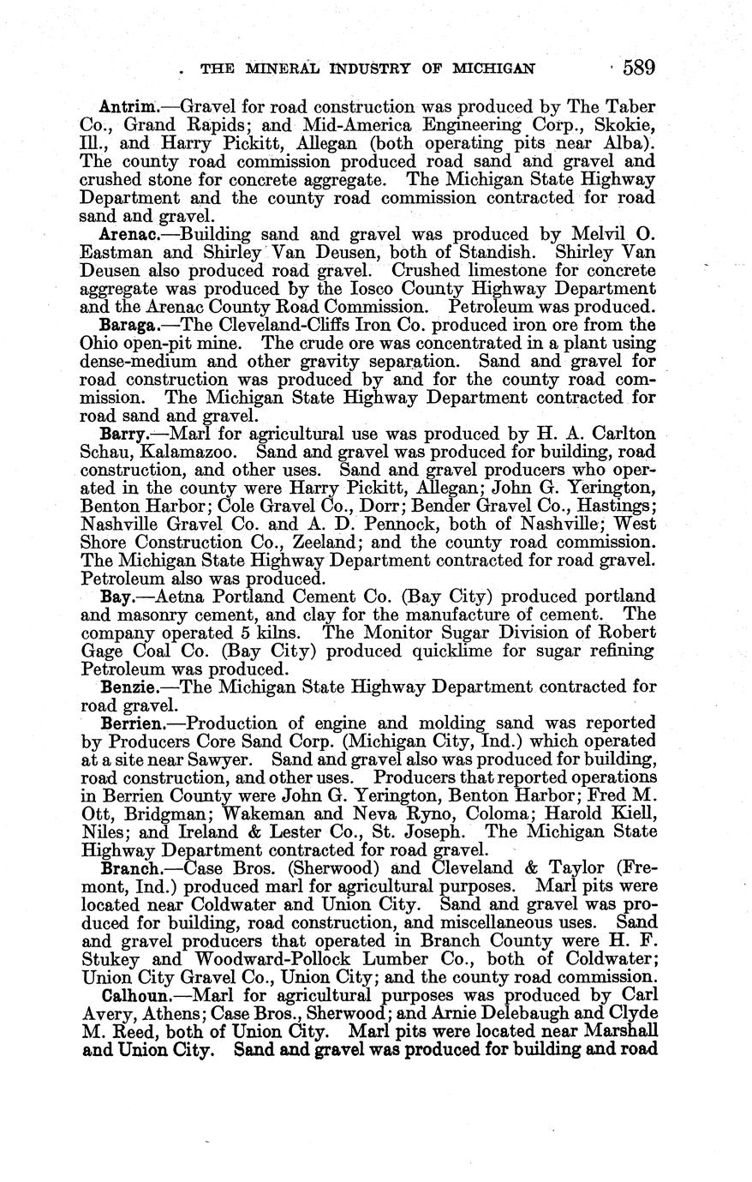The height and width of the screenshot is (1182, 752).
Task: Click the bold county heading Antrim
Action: point(128,107)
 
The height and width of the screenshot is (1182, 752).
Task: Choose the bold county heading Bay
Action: point(117,596)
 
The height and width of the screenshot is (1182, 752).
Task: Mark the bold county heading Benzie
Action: point(128,687)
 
